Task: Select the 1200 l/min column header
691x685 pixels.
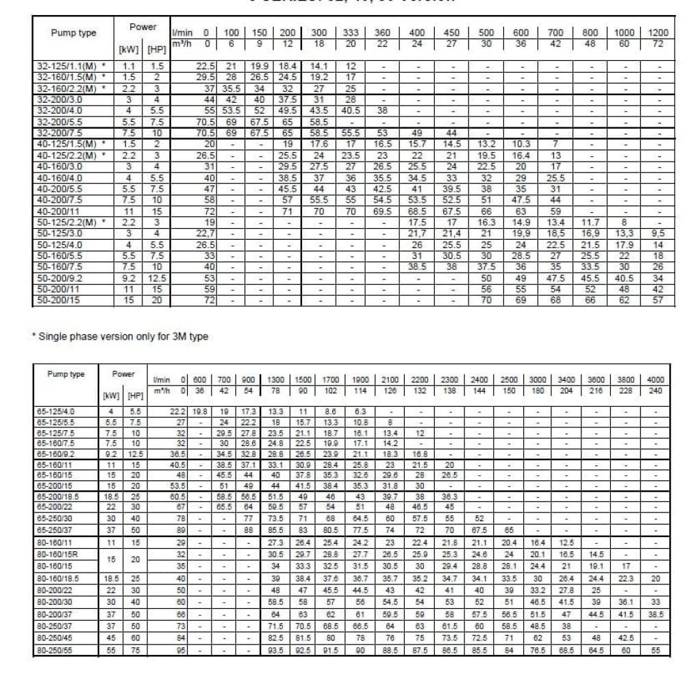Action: (x=658, y=33)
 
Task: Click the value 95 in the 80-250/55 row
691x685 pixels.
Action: (x=181, y=648)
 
